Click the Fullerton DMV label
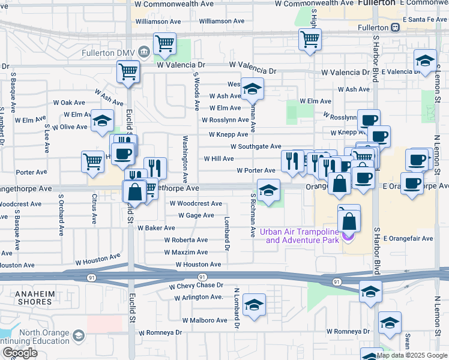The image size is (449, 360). (x=107, y=53)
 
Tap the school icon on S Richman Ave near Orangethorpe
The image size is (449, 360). (x=268, y=190)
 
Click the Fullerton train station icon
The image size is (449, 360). (x=395, y=28)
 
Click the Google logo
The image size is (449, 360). (x=19, y=353)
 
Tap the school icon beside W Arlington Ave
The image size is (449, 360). (x=254, y=305)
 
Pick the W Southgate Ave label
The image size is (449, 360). (x=256, y=146)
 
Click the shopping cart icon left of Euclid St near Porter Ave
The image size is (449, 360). (x=92, y=161)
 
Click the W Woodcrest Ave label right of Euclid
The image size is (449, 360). (x=196, y=204)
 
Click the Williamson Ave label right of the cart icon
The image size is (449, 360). (x=221, y=21)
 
